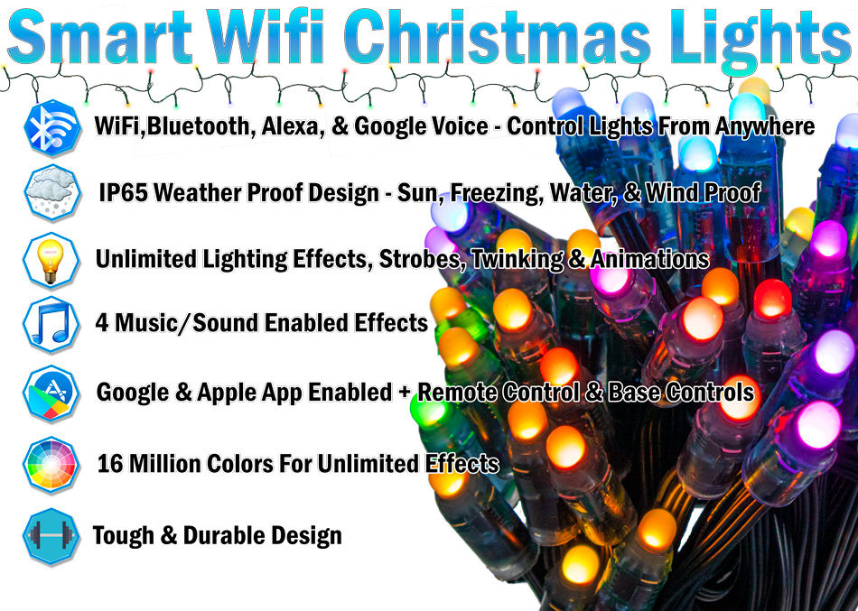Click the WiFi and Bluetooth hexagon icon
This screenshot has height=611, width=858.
pyautogui.click(x=52, y=128)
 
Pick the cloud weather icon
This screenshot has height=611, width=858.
pyautogui.click(x=52, y=192)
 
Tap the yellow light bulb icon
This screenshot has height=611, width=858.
pyautogui.click(x=51, y=260)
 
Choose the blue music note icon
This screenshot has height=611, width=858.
pyautogui.click(x=51, y=324)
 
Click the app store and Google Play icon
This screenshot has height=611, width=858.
pyautogui.click(x=51, y=393)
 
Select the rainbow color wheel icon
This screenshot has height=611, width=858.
pyautogui.click(x=51, y=465)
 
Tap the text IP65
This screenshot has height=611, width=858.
pyautogui.click(x=123, y=192)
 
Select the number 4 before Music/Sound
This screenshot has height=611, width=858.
pyautogui.click(x=102, y=323)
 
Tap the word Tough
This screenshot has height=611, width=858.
pyautogui.click(x=123, y=536)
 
